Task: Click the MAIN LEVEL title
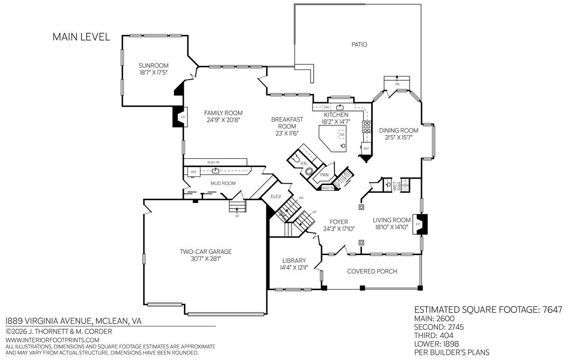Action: pos(81,37)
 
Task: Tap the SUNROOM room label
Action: pos(153,65)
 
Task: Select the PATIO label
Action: pos(359,45)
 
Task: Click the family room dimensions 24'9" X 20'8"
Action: pos(223,120)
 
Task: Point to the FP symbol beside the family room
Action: pos(182,117)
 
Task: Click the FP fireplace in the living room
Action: pos(418,224)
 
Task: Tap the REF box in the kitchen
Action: pos(366,148)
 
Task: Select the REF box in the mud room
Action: pos(194,172)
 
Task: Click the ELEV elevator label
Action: pos(276,196)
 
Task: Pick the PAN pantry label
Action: pos(324,174)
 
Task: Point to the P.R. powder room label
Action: pos(304,164)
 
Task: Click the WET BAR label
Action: pos(397,186)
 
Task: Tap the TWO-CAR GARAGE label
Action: pos(205,251)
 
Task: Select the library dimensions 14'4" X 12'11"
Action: pos(294,267)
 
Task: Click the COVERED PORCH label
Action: pos(372,271)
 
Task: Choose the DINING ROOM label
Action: pos(398,130)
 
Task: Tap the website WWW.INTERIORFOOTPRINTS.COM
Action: pos(52,340)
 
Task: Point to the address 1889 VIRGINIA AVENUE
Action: pos(48,321)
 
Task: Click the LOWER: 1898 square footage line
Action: pos(436,344)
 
